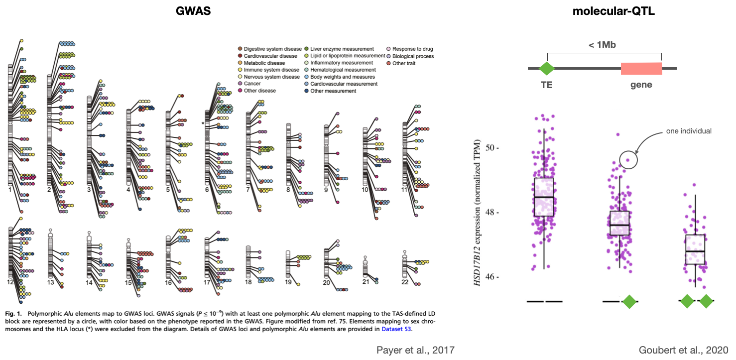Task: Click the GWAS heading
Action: [193, 12]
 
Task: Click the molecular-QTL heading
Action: [613, 12]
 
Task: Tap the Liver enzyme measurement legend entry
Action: [342, 49]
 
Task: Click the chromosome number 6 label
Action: [207, 190]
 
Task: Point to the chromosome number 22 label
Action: [405, 282]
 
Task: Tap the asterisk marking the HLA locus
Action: [203, 123]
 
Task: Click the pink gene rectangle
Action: [641, 69]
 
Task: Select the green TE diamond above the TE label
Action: [547, 69]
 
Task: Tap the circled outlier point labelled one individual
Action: [628, 160]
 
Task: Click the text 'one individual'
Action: [689, 131]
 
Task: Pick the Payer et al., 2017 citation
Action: [415, 350]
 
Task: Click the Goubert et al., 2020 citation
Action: [683, 350]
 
